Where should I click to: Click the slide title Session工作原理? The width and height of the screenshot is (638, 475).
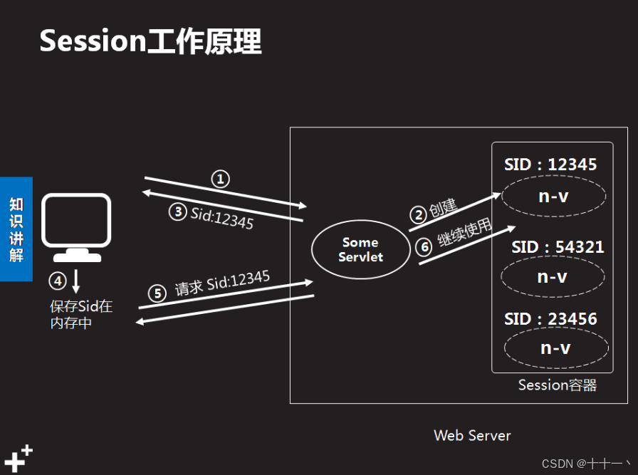point(150,41)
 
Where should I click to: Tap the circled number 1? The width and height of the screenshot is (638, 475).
point(221,179)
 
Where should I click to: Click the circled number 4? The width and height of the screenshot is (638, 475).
point(58,281)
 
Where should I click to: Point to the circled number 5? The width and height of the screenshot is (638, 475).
point(157,293)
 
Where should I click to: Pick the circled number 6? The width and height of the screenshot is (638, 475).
point(424,246)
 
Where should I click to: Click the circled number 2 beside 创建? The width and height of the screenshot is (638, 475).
point(419,214)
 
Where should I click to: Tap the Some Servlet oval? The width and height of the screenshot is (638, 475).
point(360,249)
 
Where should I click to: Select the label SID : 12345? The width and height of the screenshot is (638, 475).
point(550,165)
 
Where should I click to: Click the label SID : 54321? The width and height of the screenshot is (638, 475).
point(558,247)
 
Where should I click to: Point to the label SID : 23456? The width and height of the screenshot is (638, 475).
point(550,318)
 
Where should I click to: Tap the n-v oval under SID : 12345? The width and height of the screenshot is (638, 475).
point(553,195)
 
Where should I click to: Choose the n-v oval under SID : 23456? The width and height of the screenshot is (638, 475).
point(555,348)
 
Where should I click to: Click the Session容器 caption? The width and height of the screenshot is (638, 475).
point(557,385)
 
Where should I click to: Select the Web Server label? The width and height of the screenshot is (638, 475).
point(472,435)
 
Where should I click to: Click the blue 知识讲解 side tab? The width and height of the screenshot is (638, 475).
point(16,229)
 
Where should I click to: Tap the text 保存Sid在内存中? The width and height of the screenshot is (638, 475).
point(81,315)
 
